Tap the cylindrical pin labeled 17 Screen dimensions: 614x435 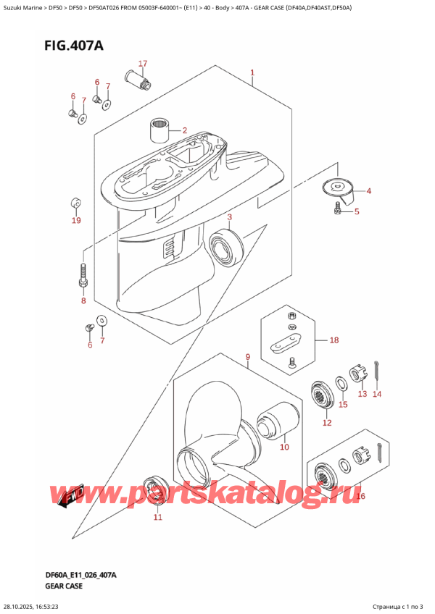[x=138, y=79]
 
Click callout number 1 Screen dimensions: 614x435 [x=252, y=72]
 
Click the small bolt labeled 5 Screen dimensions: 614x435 [x=337, y=209]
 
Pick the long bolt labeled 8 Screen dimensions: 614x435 [x=83, y=276]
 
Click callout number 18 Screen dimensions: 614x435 [x=333, y=340]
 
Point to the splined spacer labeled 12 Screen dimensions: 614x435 [x=320, y=395]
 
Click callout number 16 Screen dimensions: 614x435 [x=361, y=496]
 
